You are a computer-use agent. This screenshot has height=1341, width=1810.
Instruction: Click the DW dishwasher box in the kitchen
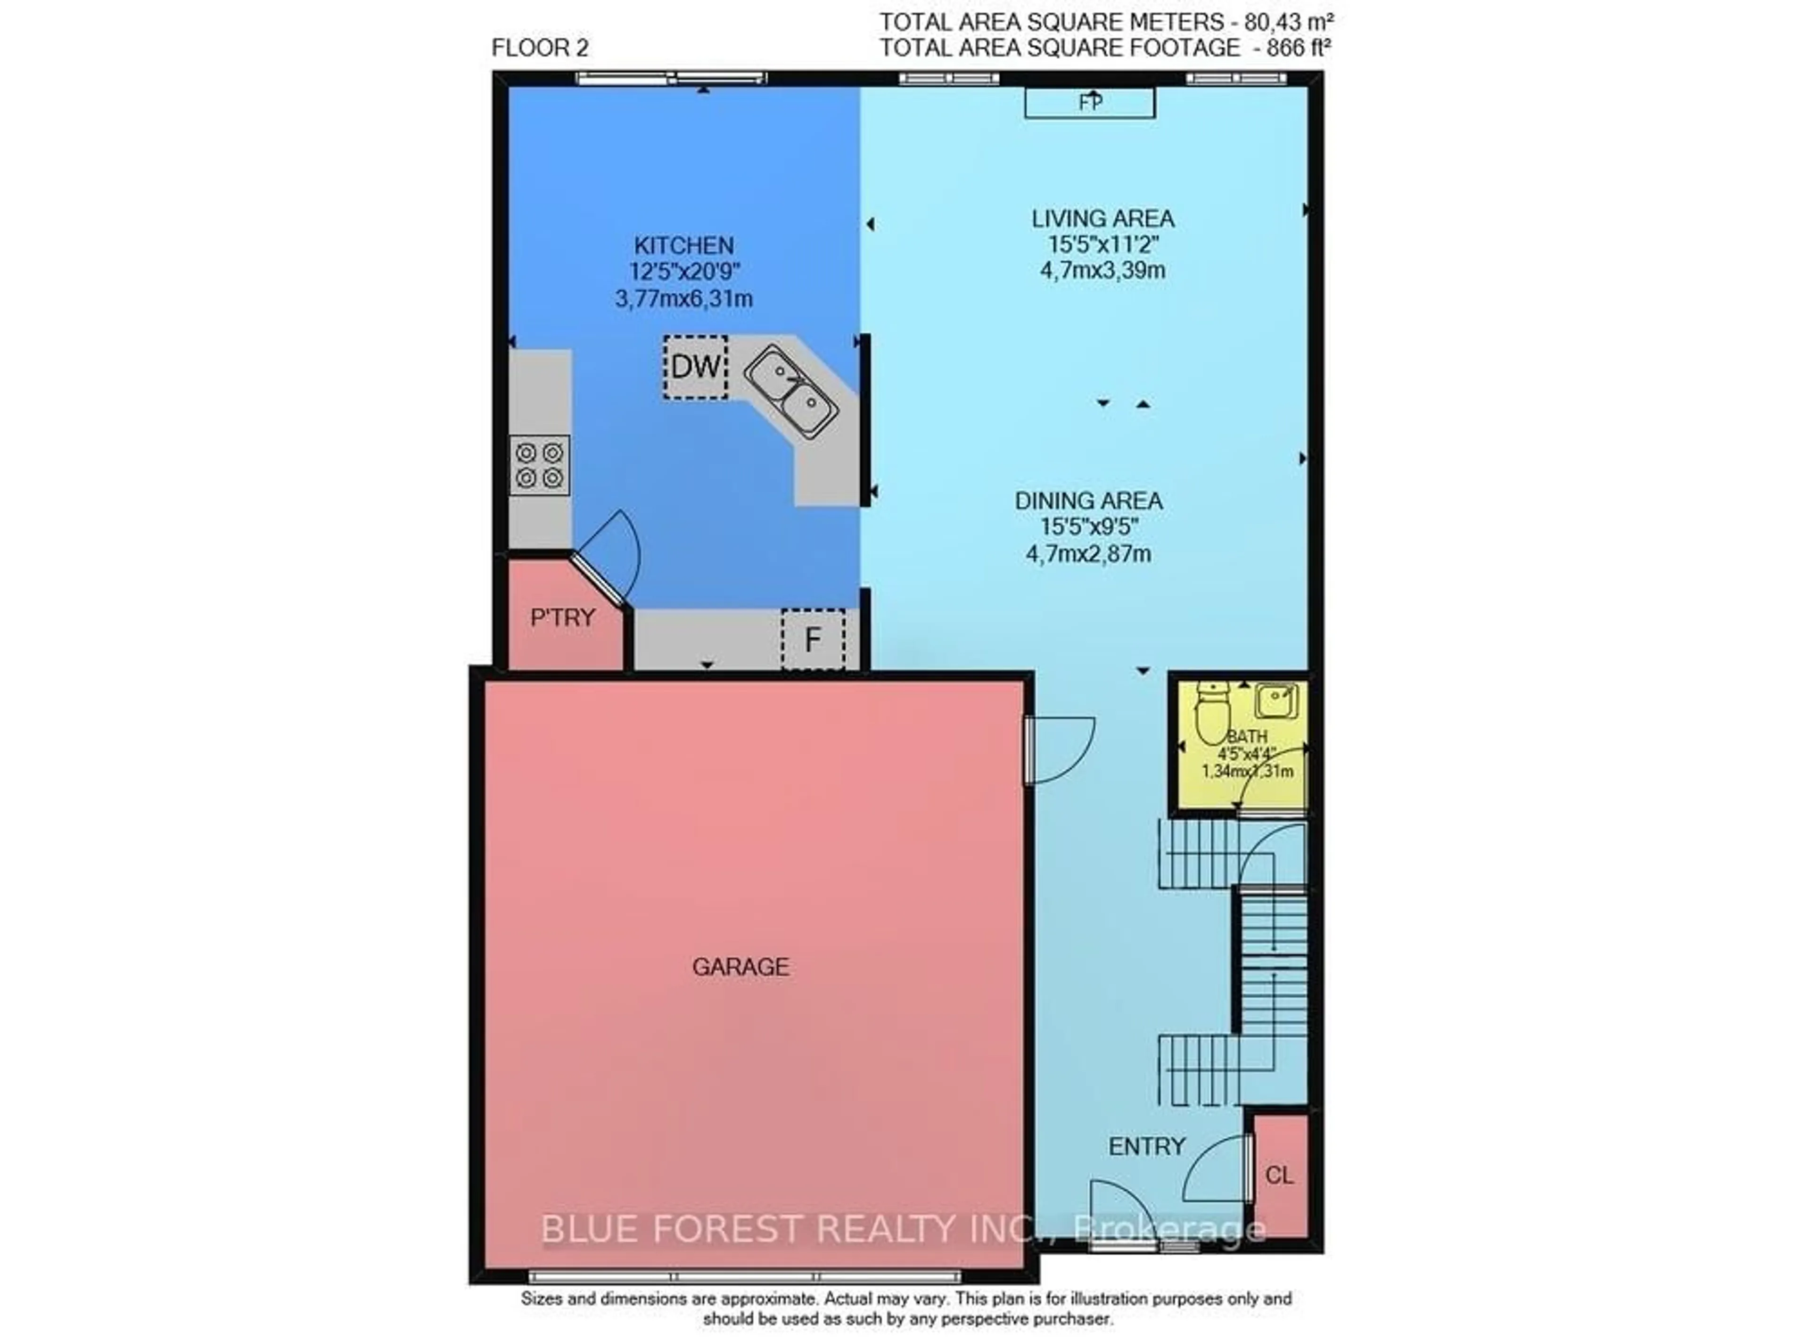(695, 367)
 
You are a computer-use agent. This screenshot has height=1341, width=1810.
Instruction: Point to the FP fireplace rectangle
(1089, 103)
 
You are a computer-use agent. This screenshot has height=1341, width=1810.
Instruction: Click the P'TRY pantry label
(562, 618)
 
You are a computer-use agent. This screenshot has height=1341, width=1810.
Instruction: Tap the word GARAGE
(740, 967)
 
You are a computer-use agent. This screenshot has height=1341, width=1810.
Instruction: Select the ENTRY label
(1147, 1146)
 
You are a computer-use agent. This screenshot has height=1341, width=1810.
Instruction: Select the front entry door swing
(1120, 1214)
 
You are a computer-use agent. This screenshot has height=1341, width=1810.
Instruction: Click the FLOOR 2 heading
(540, 48)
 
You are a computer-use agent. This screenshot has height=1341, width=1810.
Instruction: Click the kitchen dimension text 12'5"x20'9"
(685, 272)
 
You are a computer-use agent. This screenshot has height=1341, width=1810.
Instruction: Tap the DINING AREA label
(1088, 501)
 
